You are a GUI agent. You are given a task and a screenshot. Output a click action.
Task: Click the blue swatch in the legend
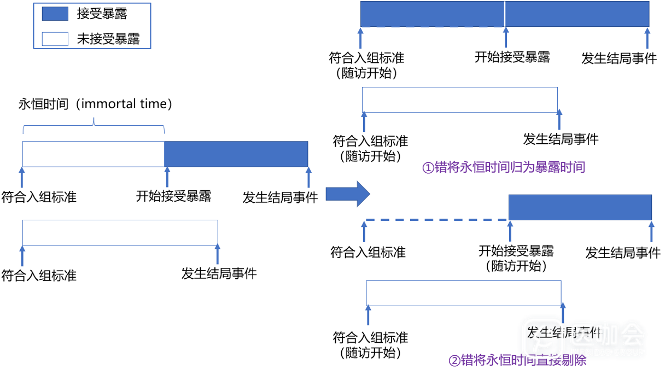[55, 14]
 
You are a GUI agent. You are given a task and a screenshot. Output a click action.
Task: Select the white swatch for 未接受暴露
[55, 39]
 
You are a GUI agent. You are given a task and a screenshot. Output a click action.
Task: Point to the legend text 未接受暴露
[108, 39]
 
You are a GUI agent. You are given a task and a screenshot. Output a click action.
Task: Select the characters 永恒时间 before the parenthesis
[42, 104]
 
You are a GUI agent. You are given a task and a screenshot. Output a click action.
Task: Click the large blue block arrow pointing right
[348, 194]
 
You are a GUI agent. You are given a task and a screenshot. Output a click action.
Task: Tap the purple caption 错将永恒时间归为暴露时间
[510, 167]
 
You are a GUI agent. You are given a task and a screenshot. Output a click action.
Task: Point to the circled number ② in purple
[454, 361]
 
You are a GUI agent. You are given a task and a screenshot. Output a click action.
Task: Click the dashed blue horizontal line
[435, 220]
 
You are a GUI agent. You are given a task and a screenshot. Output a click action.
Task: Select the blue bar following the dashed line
[580, 207]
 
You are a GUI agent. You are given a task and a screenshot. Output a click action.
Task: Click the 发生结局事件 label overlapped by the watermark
[563, 332]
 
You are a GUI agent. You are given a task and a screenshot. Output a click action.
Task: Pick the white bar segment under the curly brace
[93, 154]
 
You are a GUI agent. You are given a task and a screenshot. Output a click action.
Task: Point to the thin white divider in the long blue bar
[504, 14]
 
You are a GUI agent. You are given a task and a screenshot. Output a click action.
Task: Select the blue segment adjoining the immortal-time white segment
[236, 154]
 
